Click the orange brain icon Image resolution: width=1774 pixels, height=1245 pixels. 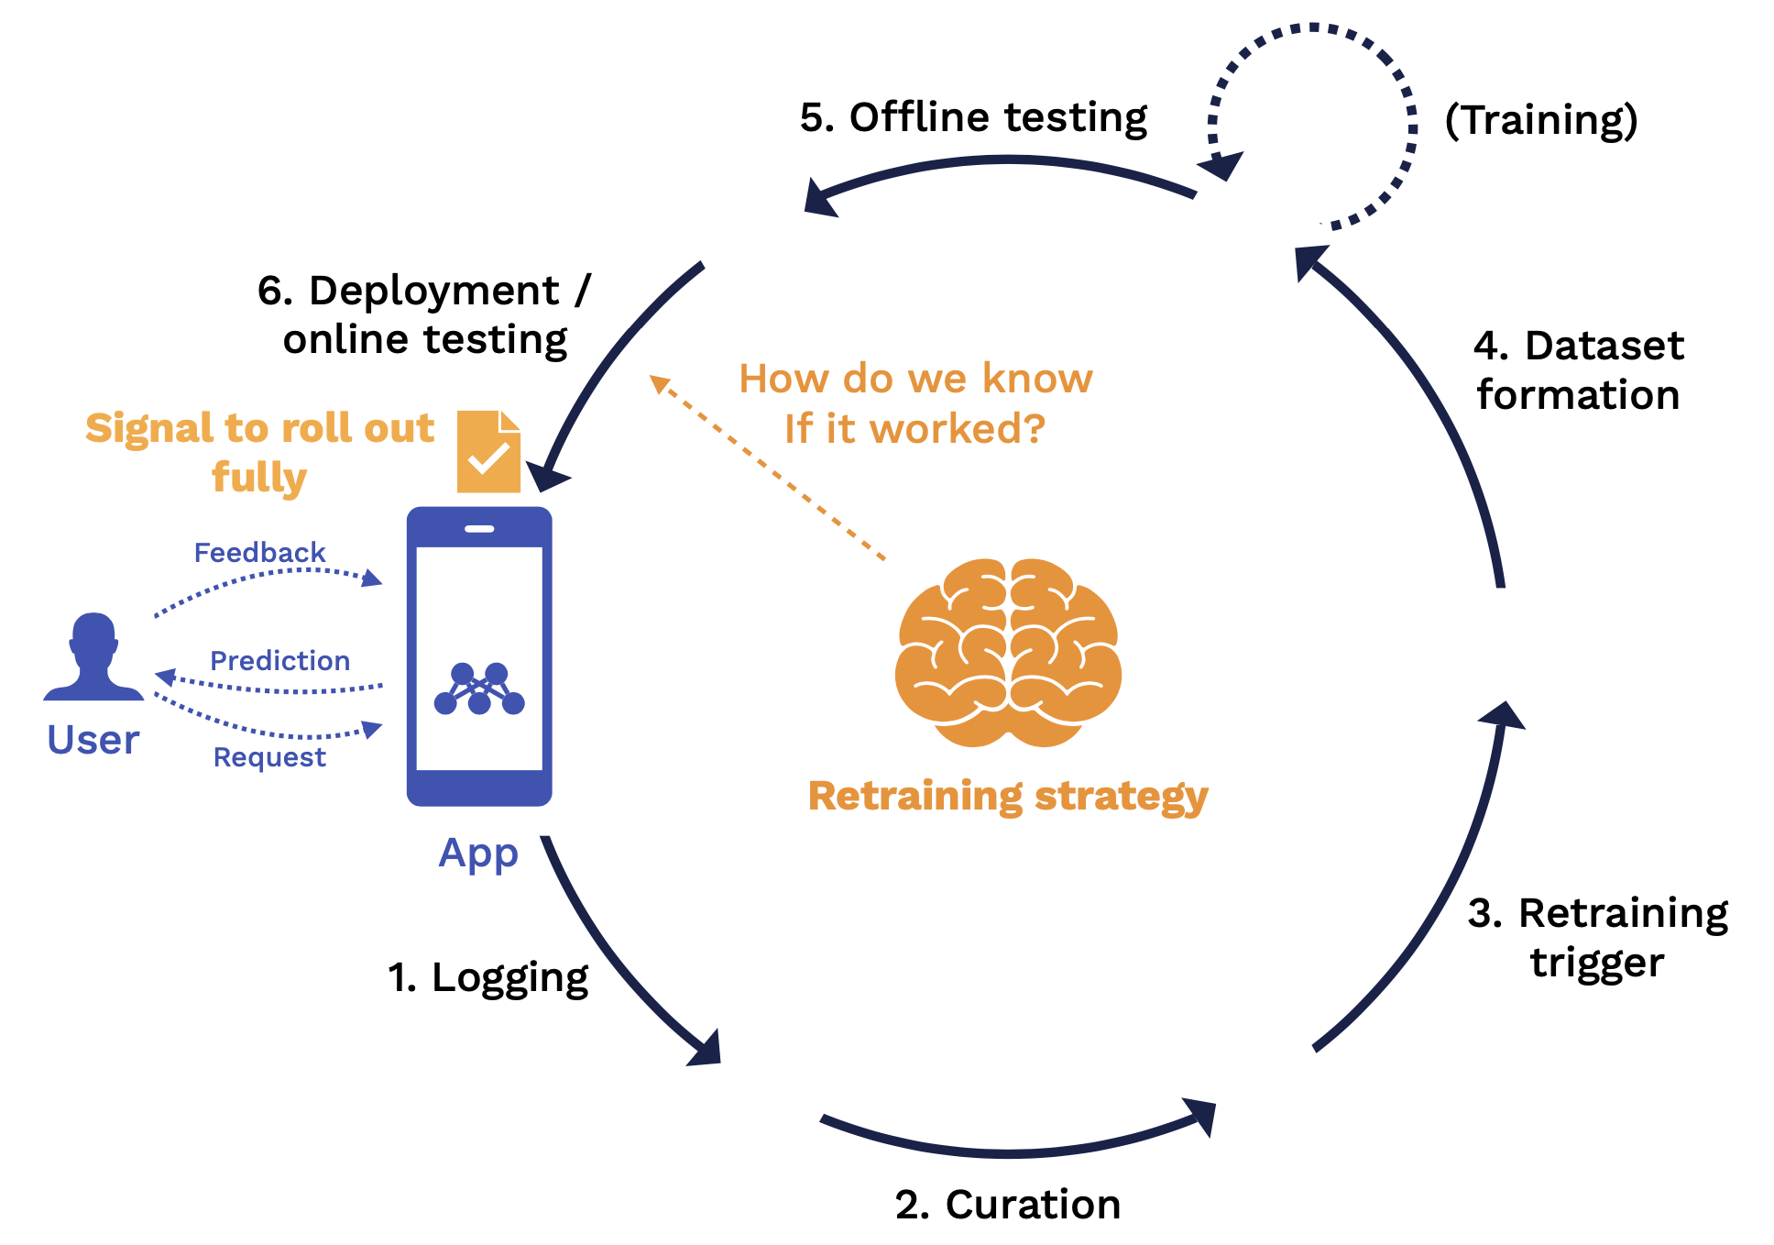coord(1008,651)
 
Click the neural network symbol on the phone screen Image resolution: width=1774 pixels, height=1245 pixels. coord(479,689)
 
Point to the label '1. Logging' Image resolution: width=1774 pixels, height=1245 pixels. coord(487,977)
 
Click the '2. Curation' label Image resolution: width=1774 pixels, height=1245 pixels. coord(1008,1205)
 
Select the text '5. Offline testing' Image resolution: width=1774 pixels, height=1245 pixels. coord(973,117)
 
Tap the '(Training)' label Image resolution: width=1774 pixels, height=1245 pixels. coord(1541,119)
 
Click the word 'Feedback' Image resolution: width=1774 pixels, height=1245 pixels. coord(260,553)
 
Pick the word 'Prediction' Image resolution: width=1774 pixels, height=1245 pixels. coord(280,661)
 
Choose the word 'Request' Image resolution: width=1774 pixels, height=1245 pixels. coord(269,757)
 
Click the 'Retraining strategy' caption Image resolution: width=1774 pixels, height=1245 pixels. coord(1008,796)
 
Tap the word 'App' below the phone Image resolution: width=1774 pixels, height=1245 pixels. coord(478,854)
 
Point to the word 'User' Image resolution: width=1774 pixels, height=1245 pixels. coord(93,740)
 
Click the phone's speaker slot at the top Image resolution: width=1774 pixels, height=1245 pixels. coord(479,529)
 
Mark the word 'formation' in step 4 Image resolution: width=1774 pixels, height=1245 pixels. coord(1578,395)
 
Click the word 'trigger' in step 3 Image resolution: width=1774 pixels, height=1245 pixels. coord(1597,963)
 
